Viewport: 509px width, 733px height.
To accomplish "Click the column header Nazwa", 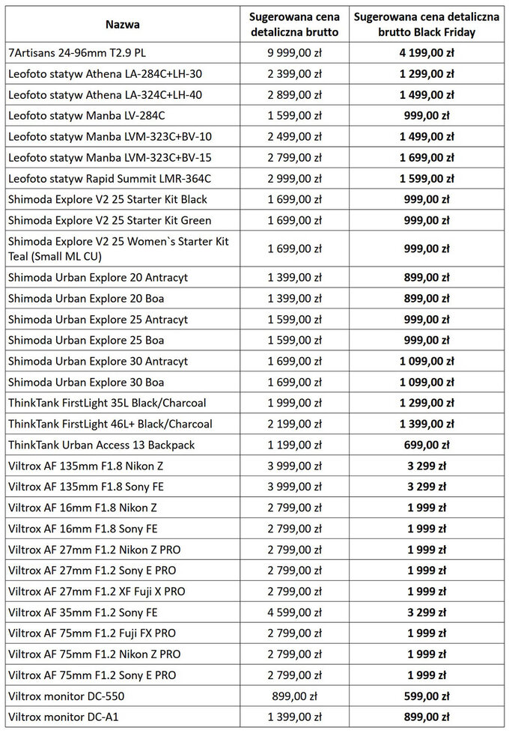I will point(122,24).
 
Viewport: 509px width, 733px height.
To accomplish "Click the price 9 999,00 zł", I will point(294,52).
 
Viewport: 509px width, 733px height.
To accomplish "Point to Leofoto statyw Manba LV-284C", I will point(87,115).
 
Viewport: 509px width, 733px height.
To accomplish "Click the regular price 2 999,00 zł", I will point(294,178).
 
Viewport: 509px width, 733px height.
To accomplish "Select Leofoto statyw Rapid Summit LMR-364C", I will point(110,178).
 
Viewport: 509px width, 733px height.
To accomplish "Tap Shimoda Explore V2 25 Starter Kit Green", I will point(110,220).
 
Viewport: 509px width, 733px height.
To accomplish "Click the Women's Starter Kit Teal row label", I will point(118,249).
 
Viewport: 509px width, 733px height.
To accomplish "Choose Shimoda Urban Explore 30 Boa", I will point(87,382).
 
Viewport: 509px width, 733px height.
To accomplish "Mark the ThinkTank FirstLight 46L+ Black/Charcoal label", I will point(110,424).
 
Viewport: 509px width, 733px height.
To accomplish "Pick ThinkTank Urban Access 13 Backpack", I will point(102,445).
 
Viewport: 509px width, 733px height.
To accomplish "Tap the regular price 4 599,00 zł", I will point(294,612).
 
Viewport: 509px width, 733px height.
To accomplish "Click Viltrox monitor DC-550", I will point(66,696).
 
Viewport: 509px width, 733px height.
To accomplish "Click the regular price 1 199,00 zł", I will point(294,445).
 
